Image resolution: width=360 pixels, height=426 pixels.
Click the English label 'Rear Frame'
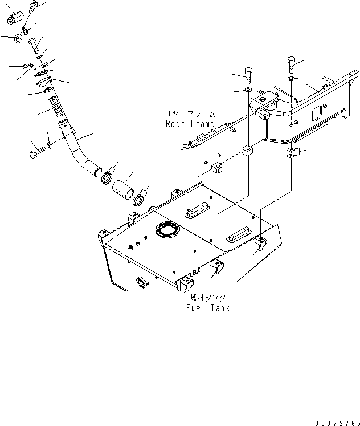pyautogui.click(x=190, y=124)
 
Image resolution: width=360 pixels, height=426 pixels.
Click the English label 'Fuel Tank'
pyautogui.click(x=208, y=308)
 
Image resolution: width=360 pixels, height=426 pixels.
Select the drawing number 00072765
pyautogui.click(x=337, y=423)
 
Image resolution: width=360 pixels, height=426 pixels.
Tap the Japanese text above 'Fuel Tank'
pyautogui.click(x=208, y=298)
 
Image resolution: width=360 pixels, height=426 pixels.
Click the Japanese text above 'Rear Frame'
pyautogui.click(x=190, y=113)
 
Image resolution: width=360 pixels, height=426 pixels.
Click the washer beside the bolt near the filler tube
pyautogui.click(x=50, y=145)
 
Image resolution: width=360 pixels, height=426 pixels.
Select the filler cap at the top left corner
pyautogui.click(x=15, y=17)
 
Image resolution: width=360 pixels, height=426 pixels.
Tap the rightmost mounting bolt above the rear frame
pyautogui.click(x=291, y=64)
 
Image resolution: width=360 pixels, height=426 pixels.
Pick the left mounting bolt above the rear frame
pyautogui.click(x=249, y=76)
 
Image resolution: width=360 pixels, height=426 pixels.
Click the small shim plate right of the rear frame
pyautogui.click(x=293, y=153)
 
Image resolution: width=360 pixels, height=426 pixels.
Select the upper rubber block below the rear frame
pyautogui.click(x=247, y=151)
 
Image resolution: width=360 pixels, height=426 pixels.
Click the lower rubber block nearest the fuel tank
pyautogui.click(x=217, y=168)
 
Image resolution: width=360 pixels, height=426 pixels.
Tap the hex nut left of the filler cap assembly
pyautogui.click(x=18, y=38)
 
